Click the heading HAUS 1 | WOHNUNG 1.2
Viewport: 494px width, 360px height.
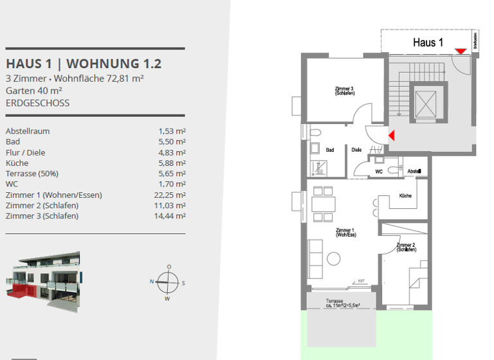click(x=84, y=64)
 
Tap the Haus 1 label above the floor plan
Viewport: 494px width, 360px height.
click(x=428, y=43)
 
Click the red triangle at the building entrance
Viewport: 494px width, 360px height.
click(x=460, y=51)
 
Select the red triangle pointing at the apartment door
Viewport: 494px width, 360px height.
click(x=390, y=135)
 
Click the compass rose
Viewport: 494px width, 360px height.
click(x=169, y=282)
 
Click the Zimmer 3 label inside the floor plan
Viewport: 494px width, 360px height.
click(x=344, y=91)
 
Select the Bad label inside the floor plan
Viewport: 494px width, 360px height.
click(x=330, y=150)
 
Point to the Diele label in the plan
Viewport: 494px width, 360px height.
click(x=356, y=150)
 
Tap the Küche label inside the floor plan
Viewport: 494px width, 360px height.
click(x=405, y=195)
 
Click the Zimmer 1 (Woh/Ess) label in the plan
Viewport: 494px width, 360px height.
click(x=345, y=232)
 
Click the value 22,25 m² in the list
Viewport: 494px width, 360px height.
click(x=172, y=195)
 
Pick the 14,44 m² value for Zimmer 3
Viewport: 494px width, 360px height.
click(x=172, y=216)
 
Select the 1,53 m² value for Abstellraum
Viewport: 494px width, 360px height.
click(x=172, y=131)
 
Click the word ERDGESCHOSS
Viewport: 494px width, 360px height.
click(x=37, y=103)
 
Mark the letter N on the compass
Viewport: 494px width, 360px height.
click(x=153, y=282)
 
